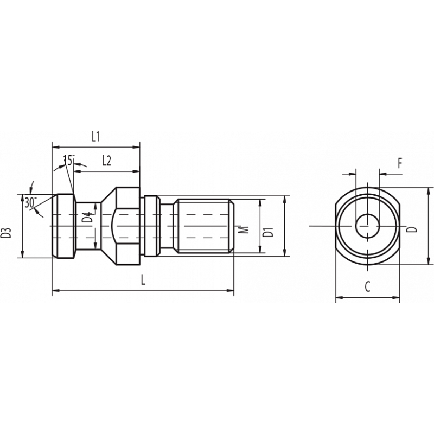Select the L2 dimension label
point(106,161)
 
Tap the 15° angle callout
point(69,160)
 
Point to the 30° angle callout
point(30,202)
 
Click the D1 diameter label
point(267,233)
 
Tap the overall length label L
point(143,280)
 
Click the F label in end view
point(399,163)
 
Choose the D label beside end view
point(413,228)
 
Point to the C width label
point(367,288)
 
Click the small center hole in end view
point(367,225)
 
